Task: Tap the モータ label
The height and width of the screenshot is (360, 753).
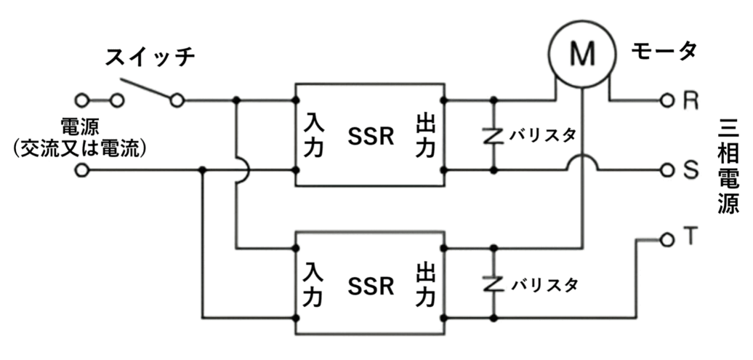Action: tap(664, 50)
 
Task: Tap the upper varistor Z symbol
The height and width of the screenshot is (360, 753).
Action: tap(494, 135)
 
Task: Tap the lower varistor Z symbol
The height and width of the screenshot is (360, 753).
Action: tap(494, 284)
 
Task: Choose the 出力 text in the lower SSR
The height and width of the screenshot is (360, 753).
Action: tap(426, 284)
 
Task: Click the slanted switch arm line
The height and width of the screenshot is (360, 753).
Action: tap(145, 88)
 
